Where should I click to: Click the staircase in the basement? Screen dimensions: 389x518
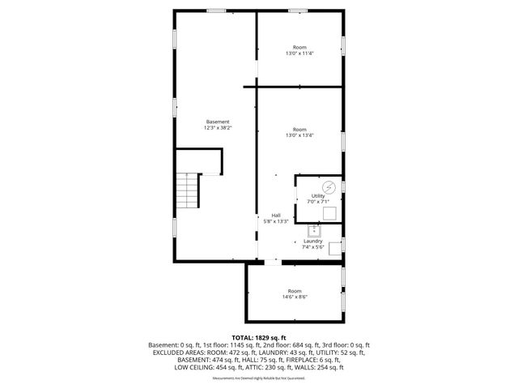click(189, 191)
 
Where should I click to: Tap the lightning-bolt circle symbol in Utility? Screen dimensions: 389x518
click(316, 186)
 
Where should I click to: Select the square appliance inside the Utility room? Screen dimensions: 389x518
click(329, 213)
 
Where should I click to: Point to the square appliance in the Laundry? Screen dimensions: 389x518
click(334, 246)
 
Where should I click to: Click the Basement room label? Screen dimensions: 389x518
click(218, 122)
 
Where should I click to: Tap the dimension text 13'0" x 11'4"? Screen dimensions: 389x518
click(299, 53)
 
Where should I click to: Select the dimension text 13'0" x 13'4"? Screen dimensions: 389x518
click(299, 135)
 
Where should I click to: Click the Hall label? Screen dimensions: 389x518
click(276, 215)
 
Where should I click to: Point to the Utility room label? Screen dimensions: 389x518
click(318, 195)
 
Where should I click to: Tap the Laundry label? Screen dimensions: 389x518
click(312, 241)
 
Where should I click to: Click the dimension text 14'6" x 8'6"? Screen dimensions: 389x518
click(295, 297)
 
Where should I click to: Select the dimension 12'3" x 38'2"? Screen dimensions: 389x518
click(218, 127)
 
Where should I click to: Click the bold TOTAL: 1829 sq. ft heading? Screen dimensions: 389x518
click(259, 337)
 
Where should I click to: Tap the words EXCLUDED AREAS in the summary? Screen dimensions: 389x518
click(188, 353)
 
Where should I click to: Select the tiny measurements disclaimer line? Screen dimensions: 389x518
click(259, 378)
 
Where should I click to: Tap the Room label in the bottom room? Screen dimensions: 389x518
click(295, 291)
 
